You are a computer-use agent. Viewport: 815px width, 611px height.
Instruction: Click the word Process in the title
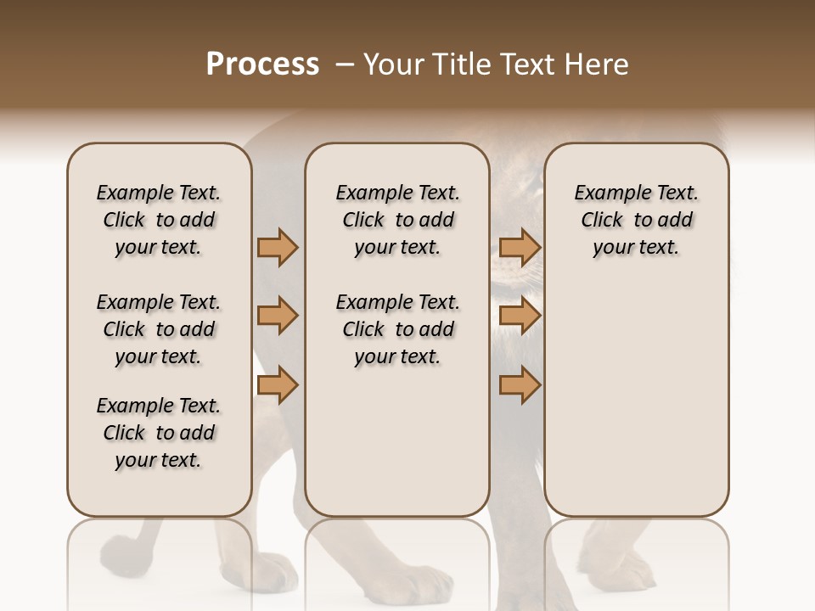point(262,64)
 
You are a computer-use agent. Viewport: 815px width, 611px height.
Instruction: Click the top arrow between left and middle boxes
point(278,247)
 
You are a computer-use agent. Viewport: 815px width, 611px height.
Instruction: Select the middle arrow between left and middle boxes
point(278,316)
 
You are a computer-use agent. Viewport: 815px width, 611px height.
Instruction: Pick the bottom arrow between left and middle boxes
point(278,385)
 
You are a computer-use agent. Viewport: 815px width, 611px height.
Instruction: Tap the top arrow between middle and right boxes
point(520,247)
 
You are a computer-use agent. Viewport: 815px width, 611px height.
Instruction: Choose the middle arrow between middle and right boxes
point(520,316)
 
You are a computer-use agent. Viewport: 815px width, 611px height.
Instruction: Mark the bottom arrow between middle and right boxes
point(520,385)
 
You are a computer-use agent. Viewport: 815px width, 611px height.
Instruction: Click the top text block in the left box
point(159,220)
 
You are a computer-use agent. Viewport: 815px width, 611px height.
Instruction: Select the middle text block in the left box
point(159,329)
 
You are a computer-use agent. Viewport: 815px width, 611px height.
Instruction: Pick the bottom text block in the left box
point(159,433)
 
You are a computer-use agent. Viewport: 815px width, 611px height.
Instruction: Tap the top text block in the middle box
point(397,220)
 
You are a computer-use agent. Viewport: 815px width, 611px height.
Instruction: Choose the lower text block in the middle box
point(397,329)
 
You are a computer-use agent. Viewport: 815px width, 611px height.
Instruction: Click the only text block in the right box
point(636,220)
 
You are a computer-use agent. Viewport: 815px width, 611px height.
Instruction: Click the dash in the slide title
point(345,65)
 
